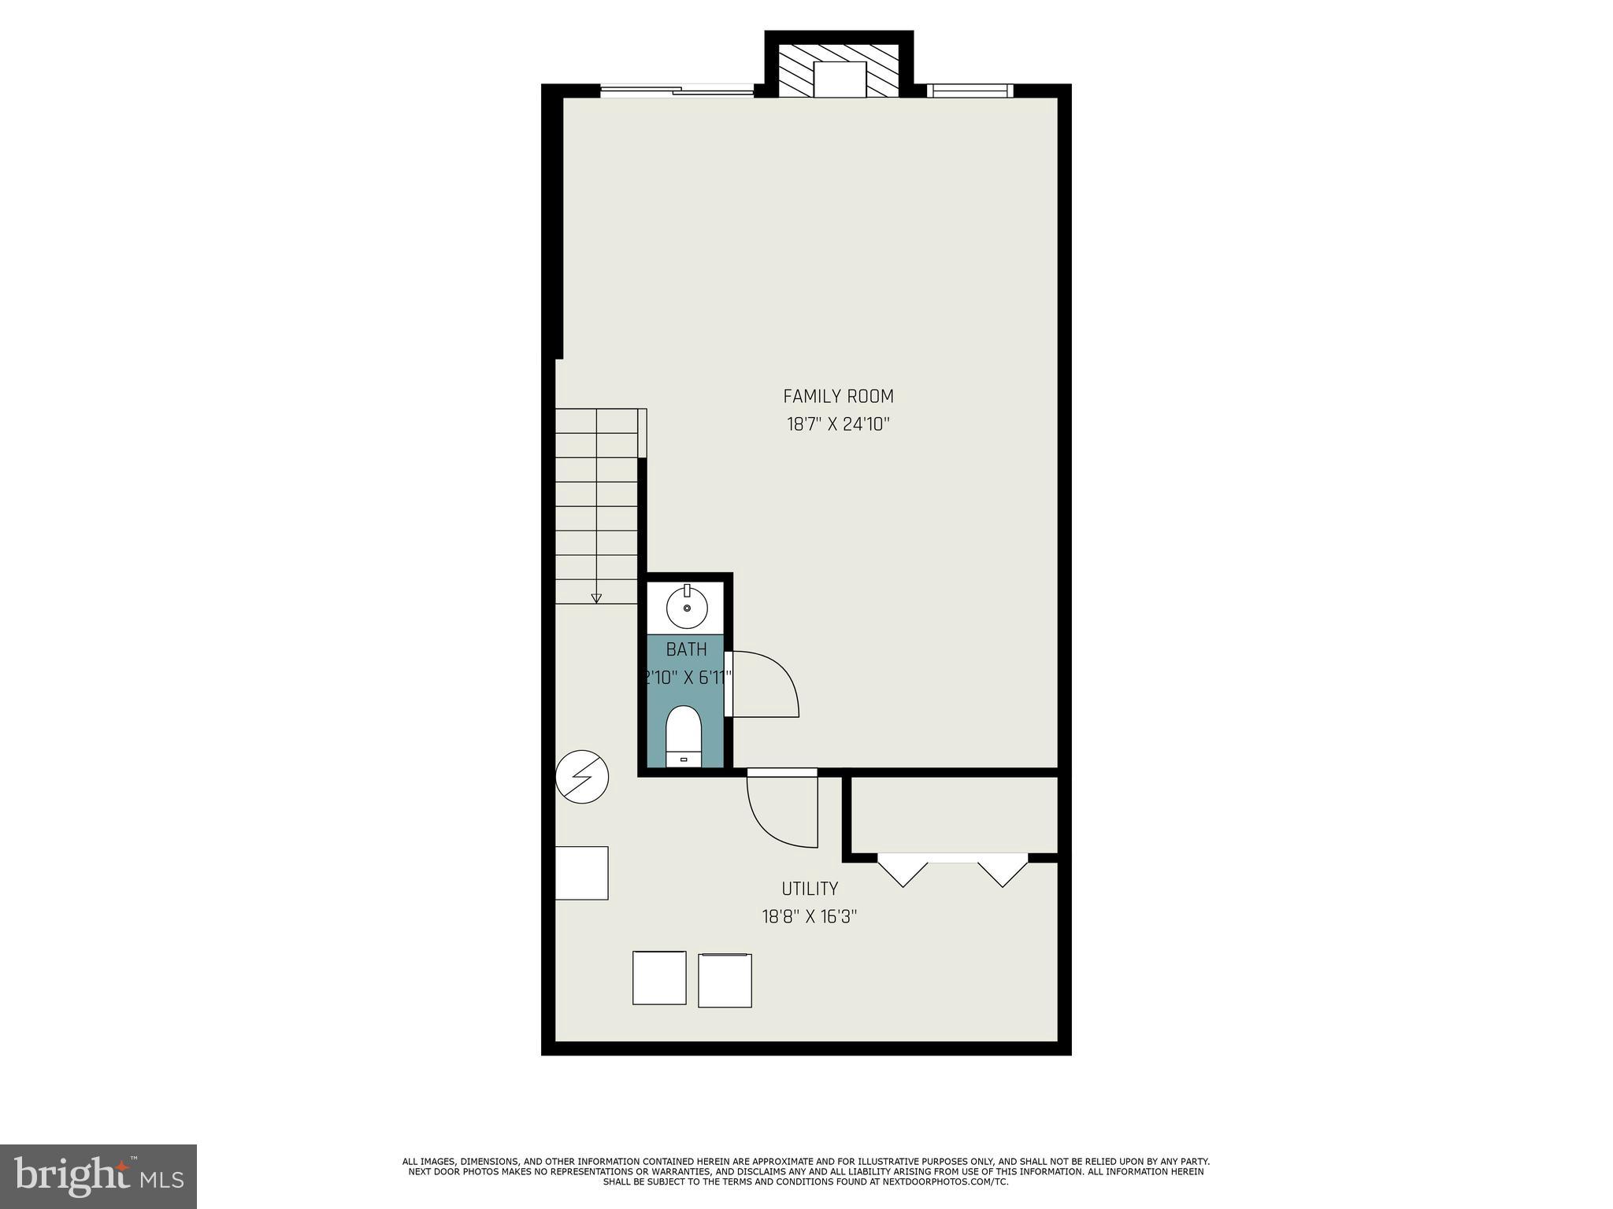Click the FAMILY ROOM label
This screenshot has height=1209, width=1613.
pos(838,396)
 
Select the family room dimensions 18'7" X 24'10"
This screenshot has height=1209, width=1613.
pos(838,425)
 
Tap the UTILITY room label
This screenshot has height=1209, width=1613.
pos(810,889)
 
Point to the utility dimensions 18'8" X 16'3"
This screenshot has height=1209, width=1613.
pos(810,917)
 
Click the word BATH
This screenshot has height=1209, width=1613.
pos(686,649)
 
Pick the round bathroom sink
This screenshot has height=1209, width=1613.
pos(687,608)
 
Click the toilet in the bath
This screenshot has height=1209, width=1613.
pos(683,735)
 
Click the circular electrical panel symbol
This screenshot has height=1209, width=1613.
pos(582,777)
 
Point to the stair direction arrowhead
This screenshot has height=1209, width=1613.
pos(596,598)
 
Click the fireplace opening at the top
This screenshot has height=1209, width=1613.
pos(840,79)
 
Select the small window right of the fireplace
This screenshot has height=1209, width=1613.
pos(970,91)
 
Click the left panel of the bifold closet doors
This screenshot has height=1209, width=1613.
pos(903,871)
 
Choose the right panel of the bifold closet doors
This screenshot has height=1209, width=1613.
pos(1003,871)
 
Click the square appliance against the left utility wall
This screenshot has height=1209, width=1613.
pos(582,872)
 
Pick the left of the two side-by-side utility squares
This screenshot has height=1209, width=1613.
pos(659,978)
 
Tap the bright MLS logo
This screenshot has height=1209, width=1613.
pos(98,1176)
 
